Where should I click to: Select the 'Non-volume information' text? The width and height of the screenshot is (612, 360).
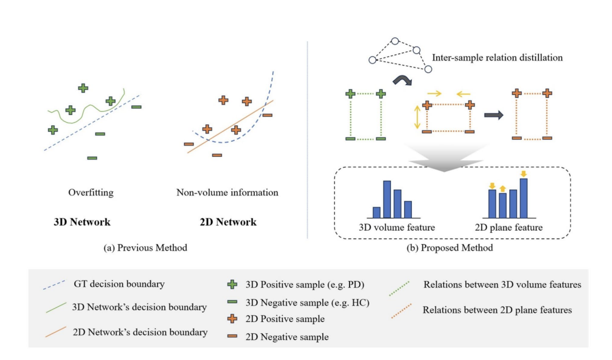[x=227, y=193]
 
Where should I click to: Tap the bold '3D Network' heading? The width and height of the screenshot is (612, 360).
[x=82, y=222]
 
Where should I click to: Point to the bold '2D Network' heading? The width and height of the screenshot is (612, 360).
[x=228, y=222]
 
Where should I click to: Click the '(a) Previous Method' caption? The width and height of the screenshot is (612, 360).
[x=145, y=248]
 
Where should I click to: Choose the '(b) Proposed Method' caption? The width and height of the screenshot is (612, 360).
[x=450, y=248]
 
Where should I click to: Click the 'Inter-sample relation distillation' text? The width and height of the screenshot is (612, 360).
[x=497, y=59]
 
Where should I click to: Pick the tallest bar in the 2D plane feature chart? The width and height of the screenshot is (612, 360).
[x=523, y=198]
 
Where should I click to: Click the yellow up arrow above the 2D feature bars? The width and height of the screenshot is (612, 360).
[x=502, y=188]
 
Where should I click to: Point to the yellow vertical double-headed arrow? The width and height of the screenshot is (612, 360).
[x=416, y=117]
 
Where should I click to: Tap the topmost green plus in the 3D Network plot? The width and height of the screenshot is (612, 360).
[x=83, y=87]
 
